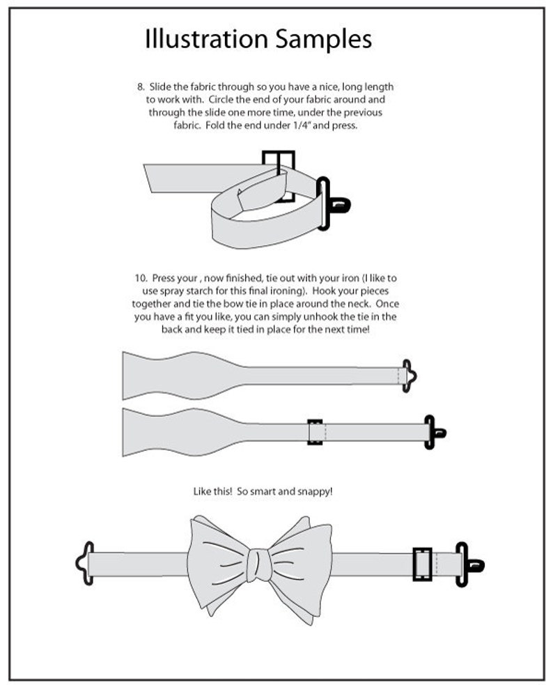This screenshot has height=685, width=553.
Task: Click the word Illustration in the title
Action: coord(206,38)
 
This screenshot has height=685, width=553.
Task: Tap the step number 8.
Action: coord(141,86)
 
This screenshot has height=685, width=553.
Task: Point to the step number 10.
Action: coord(141,278)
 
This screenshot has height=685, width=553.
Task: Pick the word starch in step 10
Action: coord(232,291)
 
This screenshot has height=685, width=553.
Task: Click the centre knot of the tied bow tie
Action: coord(259,564)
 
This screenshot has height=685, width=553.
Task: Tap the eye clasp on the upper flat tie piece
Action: coord(409,376)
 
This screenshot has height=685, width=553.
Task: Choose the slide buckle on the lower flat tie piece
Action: coord(315,432)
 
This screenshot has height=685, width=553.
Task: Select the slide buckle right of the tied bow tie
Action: coord(422,564)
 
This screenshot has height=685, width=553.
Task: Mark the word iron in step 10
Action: coord(350,278)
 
